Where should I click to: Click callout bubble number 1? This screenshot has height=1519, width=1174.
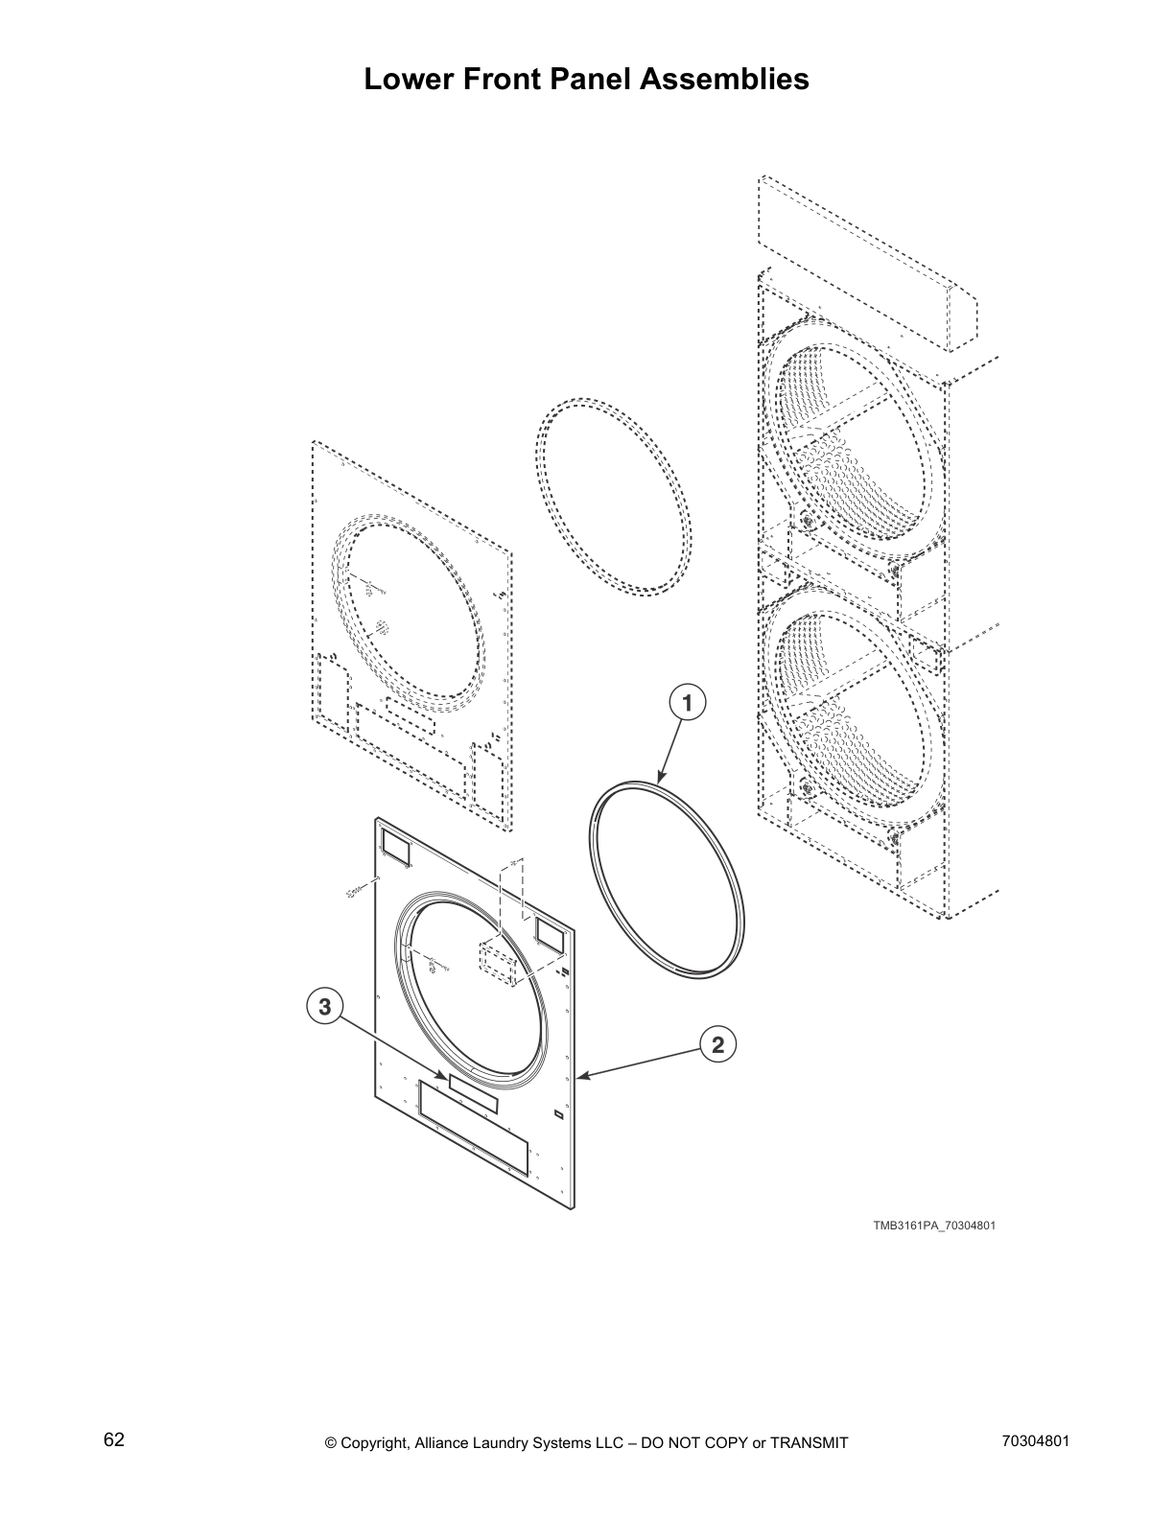click(x=686, y=702)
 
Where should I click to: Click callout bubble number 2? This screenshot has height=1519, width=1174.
click(x=718, y=1044)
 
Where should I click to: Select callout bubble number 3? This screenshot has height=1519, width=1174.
click(x=325, y=1007)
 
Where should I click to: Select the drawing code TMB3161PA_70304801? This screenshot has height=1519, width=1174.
click(x=927, y=1226)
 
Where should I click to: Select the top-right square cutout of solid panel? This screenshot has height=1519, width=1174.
click(x=549, y=929)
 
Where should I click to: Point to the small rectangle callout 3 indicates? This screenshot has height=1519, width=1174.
click(x=473, y=1094)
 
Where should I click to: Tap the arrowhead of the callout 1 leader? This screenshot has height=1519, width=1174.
click(x=661, y=778)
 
